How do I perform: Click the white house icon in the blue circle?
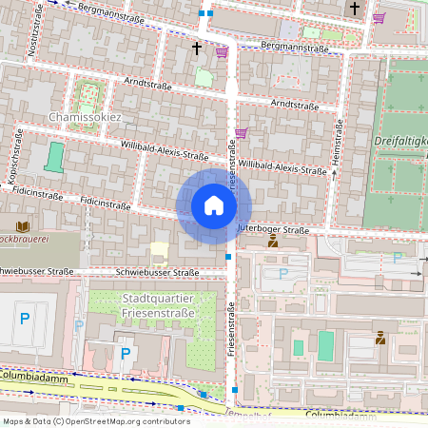[x=214, y=205]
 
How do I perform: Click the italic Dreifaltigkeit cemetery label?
[x=399, y=141]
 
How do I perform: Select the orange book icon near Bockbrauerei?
[x=23, y=226]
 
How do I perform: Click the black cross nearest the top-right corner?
[x=354, y=9]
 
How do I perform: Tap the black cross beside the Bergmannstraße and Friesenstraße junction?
[x=198, y=47]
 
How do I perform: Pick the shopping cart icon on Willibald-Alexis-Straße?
[x=242, y=132]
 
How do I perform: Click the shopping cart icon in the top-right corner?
[x=379, y=17]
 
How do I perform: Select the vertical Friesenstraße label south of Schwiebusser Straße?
[x=231, y=329]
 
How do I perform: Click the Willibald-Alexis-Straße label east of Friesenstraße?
[x=282, y=166]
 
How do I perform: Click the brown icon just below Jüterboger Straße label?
[x=273, y=242]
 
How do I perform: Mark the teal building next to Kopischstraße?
[x=54, y=157]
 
